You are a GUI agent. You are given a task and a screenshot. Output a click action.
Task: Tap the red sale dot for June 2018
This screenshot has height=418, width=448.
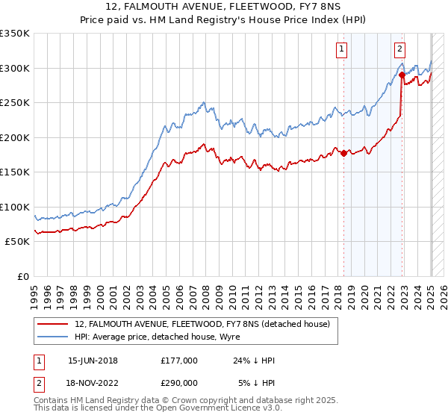click(x=343, y=153)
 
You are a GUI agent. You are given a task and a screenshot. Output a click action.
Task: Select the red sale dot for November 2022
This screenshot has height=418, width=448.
click(x=402, y=75)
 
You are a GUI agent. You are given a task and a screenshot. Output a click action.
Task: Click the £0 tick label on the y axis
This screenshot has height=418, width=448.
click(x=23, y=276)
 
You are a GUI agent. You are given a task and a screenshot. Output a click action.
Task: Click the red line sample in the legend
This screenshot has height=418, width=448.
click(x=53, y=324)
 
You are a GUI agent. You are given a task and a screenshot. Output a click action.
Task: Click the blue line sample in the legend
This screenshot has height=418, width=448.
click(x=53, y=337)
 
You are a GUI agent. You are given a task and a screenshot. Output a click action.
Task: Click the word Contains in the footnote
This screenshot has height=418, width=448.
click(x=52, y=402)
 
